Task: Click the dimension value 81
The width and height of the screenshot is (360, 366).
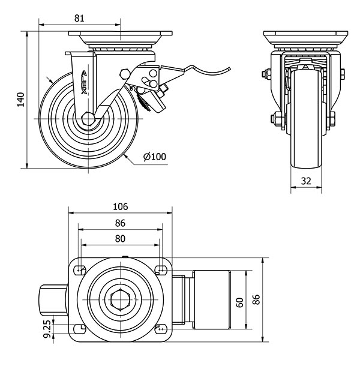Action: pos(79,18)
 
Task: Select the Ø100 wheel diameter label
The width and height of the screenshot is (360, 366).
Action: pos(154,157)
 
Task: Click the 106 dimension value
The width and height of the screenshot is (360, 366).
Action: pos(120,206)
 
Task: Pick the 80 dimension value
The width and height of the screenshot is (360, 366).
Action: pos(120,239)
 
